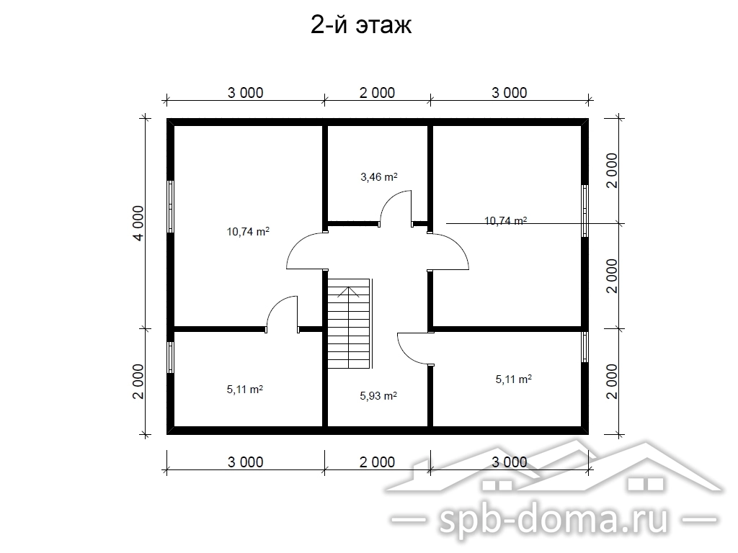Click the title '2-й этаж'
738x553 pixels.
point(361,25)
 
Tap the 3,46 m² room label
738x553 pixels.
point(379,177)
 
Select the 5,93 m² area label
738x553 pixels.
point(378,396)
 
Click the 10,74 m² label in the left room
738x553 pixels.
point(248,231)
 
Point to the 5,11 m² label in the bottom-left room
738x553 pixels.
point(245,390)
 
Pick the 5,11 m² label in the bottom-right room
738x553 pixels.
point(513,379)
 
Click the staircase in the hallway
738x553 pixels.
point(350,323)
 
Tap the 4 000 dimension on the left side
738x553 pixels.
point(138,223)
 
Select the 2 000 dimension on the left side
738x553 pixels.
point(138,382)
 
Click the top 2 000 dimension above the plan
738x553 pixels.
point(377,93)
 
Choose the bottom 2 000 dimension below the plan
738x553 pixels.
point(377,462)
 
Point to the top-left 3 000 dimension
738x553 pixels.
point(245,93)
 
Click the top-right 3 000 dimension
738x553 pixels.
point(510,93)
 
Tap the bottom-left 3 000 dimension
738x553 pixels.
point(245,462)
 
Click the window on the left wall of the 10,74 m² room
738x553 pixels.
point(171,207)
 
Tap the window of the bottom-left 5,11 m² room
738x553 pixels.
point(171,358)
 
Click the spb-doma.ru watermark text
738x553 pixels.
point(553,520)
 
